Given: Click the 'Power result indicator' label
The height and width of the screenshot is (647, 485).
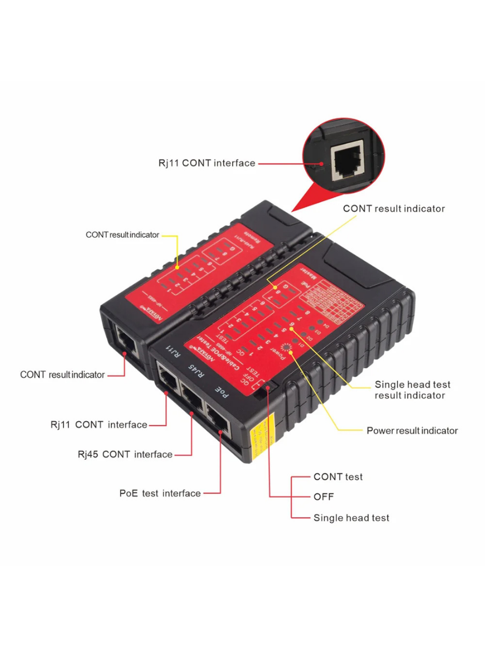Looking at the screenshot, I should [x=412, y=430].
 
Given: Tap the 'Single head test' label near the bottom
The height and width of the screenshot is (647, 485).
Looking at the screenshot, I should [x=351, y=518].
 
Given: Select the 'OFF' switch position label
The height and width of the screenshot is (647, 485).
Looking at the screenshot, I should [x=324, y=497].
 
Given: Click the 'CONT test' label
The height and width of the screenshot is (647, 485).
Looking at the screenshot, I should [x=338, y=477].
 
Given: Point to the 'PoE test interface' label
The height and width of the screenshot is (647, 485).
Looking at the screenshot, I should [x=160, y=493].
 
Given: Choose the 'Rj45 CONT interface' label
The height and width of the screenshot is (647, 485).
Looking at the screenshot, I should [x=125, y=454].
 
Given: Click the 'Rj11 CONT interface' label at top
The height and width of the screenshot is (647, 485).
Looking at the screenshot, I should [x=206, y=163].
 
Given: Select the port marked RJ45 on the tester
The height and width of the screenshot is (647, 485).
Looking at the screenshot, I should [x=192, y=397].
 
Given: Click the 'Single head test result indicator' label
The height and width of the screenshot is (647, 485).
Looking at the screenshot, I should [x=412, y=390].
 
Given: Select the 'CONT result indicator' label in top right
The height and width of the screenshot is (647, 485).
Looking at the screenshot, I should [x=394, y=208].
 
